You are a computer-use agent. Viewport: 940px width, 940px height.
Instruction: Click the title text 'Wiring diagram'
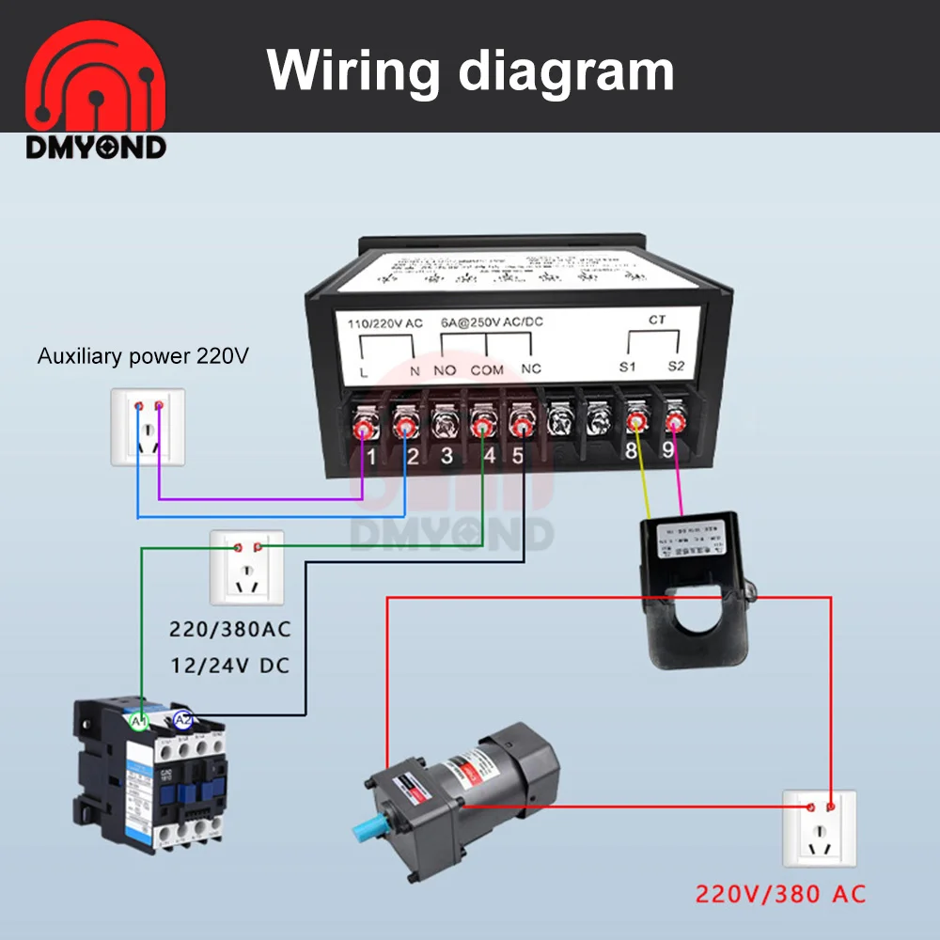[470, 69]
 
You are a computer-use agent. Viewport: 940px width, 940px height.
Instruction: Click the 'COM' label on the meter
[487, 370]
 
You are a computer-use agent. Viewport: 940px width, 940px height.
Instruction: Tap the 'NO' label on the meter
[446, 370]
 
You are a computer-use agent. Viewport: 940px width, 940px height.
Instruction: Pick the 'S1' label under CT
[628, 367]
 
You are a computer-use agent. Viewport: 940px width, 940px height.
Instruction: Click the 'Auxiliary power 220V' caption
[143, 356]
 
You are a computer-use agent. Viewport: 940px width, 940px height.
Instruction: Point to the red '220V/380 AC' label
[780, 893]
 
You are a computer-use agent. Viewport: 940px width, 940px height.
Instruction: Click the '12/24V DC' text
[229, 666]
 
